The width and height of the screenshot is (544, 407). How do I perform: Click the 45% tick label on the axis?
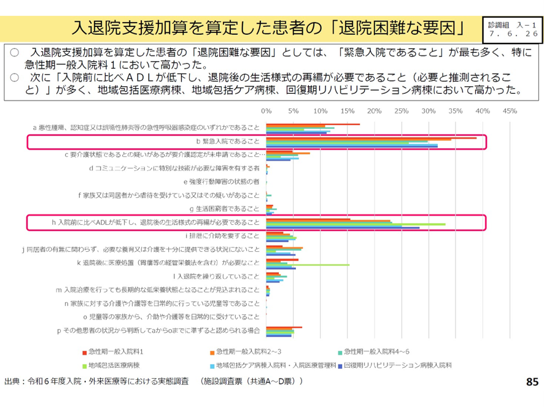click(510, 112)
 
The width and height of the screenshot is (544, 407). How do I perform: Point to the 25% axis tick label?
click(402, 112)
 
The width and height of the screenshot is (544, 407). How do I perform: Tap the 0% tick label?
click(266, 112)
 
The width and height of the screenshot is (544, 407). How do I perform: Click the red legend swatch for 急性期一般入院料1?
click(85, 352)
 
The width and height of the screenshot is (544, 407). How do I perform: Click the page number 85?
click(532, 382)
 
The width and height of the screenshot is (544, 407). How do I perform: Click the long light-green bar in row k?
click(308, 265)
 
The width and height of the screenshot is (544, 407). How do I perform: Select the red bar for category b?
click(371, 138)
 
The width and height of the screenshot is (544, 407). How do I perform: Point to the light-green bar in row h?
click(356, 224)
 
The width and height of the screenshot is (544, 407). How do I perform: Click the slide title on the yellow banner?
click(268, 28)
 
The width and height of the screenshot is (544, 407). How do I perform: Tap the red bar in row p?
click(284, 327)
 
